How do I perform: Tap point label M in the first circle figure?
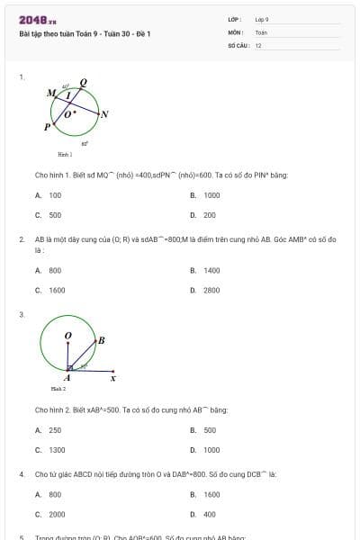pyautogui.click(x=50, y=93)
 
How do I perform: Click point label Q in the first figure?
pyautogui.click(x=84, y=82)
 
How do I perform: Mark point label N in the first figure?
pyautogui.click(x=104, y=114)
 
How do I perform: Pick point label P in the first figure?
pyautogui.click(x=47, y=127)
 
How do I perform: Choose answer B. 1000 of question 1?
pyautogui.click(x=206, y=194)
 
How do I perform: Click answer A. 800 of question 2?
pyautogui.click(x=49, y=270)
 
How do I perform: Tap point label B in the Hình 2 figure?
pyautogui.click(x=101, y=340)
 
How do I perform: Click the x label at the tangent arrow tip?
pyautogui.click(x=112, y=378)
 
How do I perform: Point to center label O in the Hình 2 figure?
pyautogui.click(x=67, y=336)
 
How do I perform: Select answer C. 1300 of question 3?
pyautogui.click(x=51, y=450)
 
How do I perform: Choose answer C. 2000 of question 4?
pyautogui.click(x=51, y=515)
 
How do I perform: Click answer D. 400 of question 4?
pyautogui.click(x=204, y=515)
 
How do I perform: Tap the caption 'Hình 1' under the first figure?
pyautogui.click(x=64, y=155)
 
